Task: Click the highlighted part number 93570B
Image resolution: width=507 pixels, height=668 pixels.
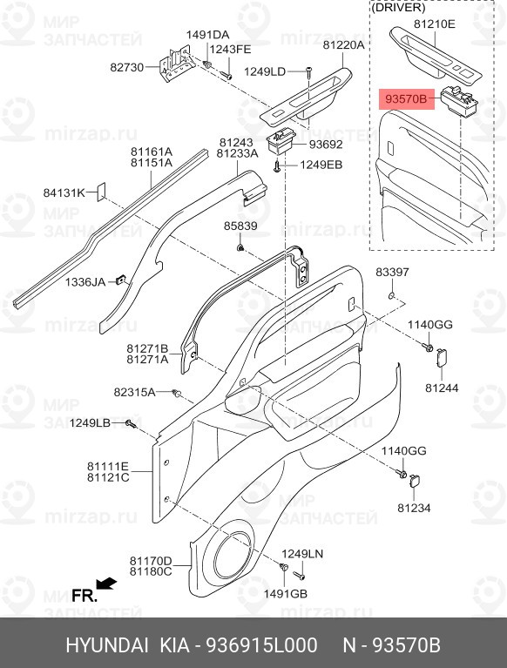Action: (406, 99)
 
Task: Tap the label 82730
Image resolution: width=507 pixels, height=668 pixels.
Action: (127, 67)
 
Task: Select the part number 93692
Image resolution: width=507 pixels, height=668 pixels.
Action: (326, 145)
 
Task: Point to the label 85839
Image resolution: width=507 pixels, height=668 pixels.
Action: (240, 226)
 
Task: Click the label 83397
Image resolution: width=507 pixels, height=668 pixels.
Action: (392, 272)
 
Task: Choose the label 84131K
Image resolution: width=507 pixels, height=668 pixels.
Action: (64, 193)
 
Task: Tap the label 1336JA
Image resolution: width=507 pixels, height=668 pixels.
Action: (85, 282)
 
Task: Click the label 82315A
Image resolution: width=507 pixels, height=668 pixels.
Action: (135, 392)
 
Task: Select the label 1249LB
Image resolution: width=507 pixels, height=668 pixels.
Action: (91, 423)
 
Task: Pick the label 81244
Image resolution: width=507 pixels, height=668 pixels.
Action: (442, 388)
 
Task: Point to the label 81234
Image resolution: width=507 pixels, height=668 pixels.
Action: (414, 508)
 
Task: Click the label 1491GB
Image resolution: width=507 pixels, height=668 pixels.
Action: (286, 593)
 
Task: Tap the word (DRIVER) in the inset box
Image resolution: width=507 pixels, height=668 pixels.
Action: (398, 7)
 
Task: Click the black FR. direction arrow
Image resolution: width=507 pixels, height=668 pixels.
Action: (106, 584)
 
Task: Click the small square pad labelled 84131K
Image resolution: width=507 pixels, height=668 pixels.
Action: (101, 192)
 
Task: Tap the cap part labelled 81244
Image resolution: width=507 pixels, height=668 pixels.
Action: (441, 358)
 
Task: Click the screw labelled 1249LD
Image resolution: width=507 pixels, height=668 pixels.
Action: (308, 75)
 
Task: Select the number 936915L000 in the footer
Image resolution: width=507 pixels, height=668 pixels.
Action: (261, 645)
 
